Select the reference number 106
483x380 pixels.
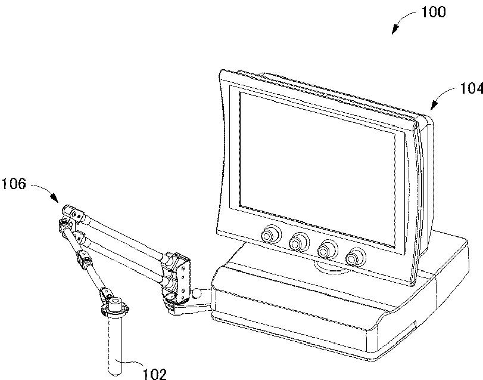click(14, 184)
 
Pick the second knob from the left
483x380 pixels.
click(298, 242)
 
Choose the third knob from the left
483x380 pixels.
click(328, 248)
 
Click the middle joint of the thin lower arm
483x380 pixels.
click(83, 261)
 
